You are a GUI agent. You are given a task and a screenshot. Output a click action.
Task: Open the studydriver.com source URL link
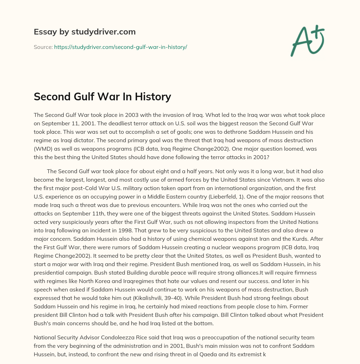pyautogui.click(x=120, y=47)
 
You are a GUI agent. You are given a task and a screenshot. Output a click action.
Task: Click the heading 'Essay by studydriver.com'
pyautogui.click(x=84, y=32)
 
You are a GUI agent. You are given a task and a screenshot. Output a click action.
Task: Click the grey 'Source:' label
pyautogui.click(x=43, y=47)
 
